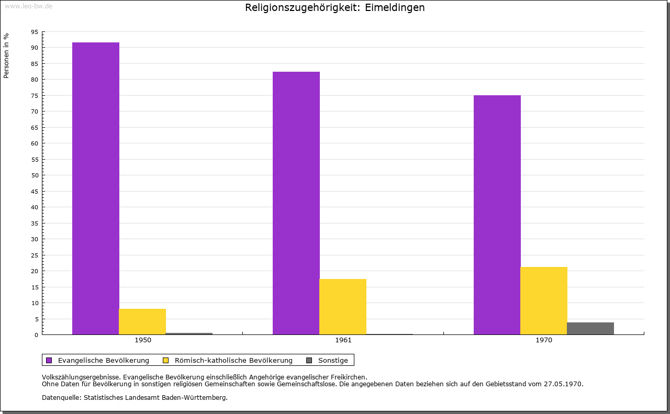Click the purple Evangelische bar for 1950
click(96, 188)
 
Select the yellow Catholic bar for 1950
click(142, 321)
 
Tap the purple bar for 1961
click(296, 203)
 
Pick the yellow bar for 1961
click(343, 307)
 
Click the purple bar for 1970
click(497, 215)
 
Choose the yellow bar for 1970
click(544, 300)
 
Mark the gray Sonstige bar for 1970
click(590, 329)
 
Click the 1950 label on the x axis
click(143, 340)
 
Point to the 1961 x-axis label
click(343, 340)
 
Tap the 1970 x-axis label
click(544, 340)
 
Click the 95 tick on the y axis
click(35, 32)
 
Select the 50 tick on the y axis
click(35, 175)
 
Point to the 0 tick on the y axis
click(36, 335)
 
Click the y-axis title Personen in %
click(6, 55)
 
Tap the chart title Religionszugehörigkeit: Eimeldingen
click(334, 7)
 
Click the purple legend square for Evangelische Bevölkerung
click(49, 361)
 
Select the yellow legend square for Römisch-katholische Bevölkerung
click(166, 361)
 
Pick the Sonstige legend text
click(333, 361)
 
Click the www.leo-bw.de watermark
click(28, 6)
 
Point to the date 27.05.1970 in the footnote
click(563, 384)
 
